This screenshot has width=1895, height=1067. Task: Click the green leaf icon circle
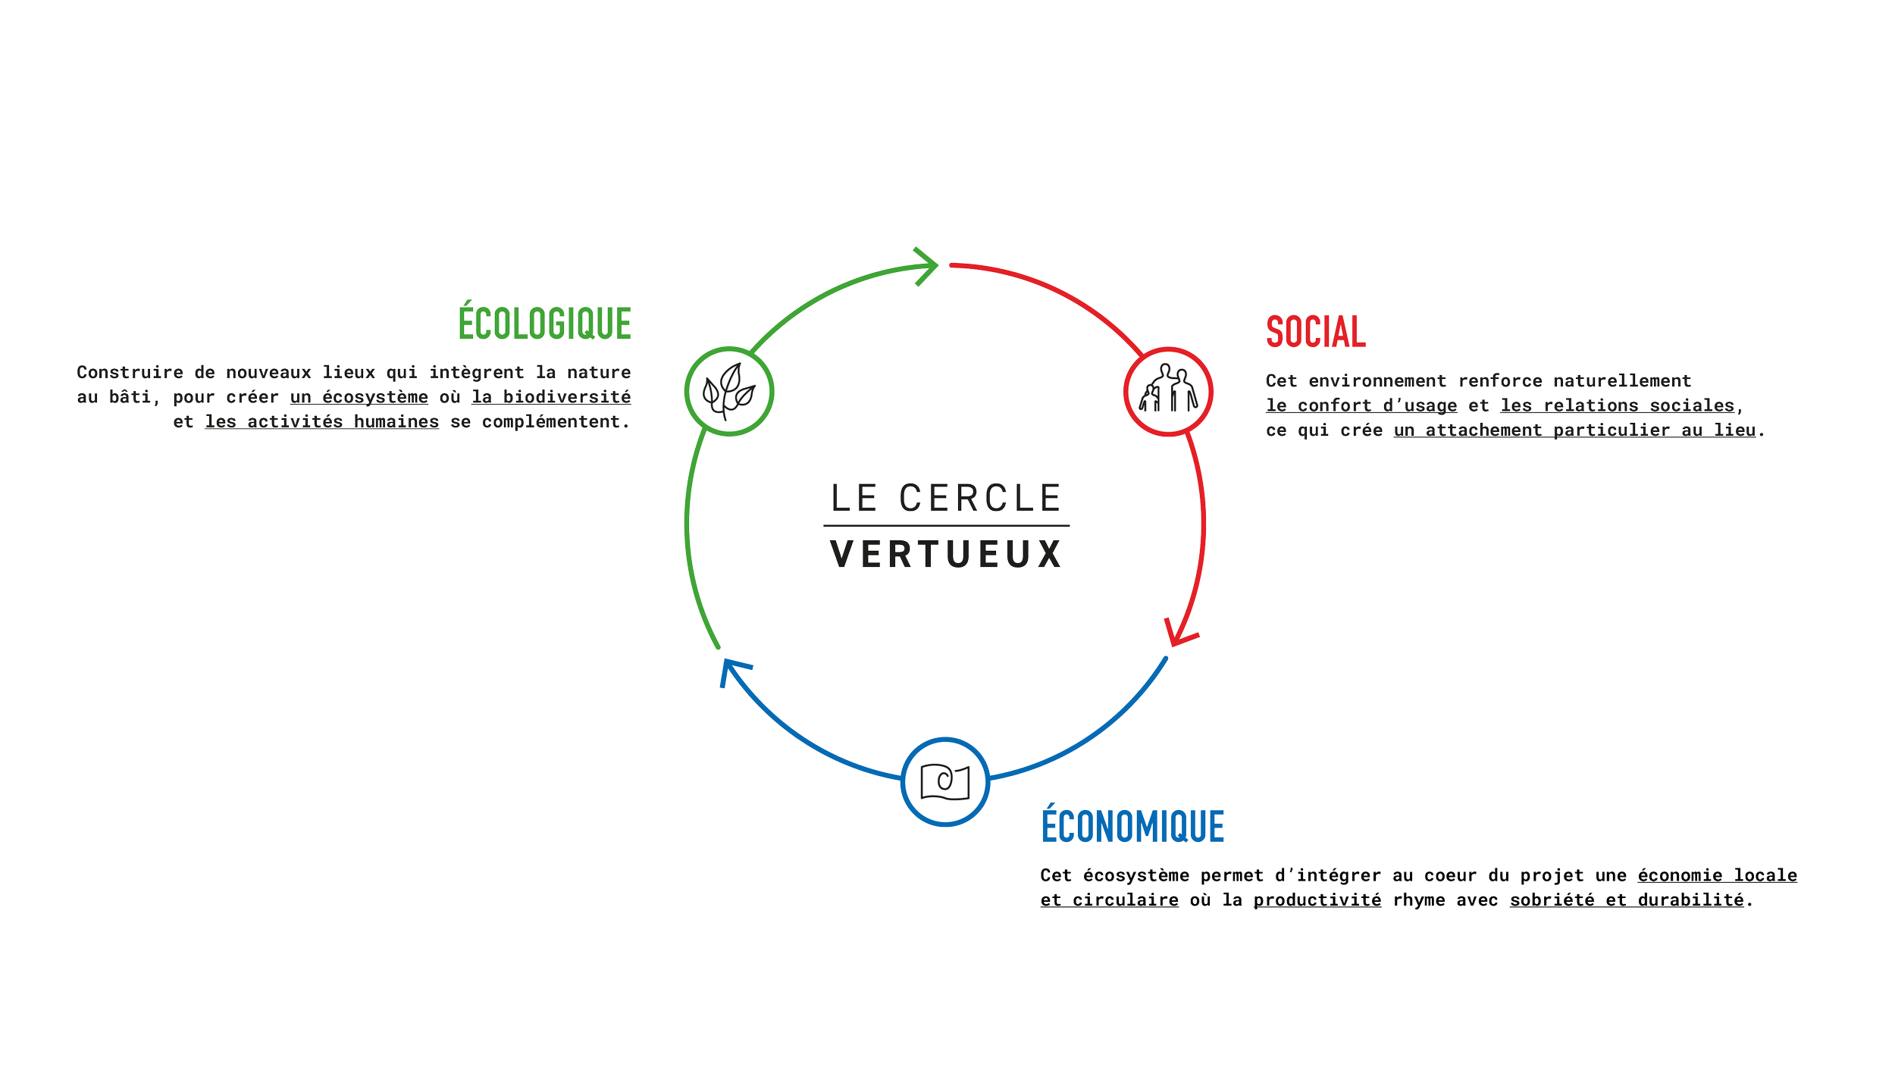pyautogui.click(x=728, y=391)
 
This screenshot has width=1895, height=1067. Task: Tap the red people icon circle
pyautogui.click(x=1168, y=392)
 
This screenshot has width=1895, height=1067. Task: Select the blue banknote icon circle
pyautogui.click(x=945, y=781)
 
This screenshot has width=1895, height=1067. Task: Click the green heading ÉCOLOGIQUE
pyautogui.click(x=545, y=324)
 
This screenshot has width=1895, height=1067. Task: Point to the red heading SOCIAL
pyautogui.click(x=1314, y=333)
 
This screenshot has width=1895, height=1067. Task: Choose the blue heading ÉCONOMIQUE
pyautogui.click(x=1132, y=827)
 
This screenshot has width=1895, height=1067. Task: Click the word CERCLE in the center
pyautogui.click(x=980, y=499)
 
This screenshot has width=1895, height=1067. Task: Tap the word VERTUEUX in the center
pyautogui.click(x=946, y=554)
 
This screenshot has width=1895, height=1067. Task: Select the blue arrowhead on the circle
pyautogui.click(x=732, y=669)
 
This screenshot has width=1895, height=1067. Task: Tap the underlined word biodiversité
pyautogui.click(x=566, y=396)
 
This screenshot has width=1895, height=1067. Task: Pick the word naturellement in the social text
pyautogui.click(x=1622, y=380)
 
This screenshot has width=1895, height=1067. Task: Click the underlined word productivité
pyautogui.click(x=1317, y=900)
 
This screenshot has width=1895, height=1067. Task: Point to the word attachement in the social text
pyautogui.click(x=1483, y=430)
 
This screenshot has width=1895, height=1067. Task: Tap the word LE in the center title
pyautogui.click(x=854, y=499)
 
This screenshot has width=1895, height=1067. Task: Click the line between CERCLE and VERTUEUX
pyautogui.click(x=946, y=525)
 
